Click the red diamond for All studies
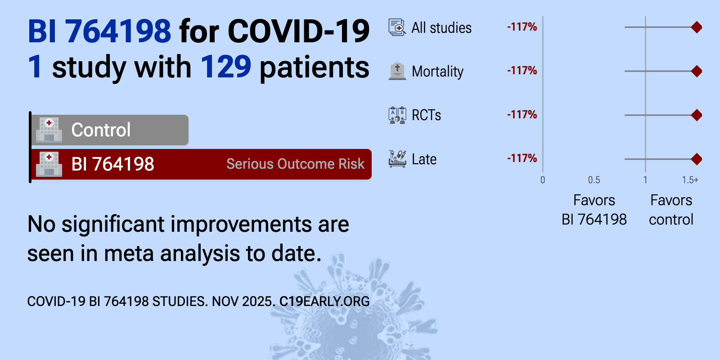pyautogui.click(x=696, y=27)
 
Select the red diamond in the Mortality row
pyautogui.click(x=696, y=71)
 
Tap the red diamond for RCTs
pyautogui.click(x=696, y=115)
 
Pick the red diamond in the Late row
pyautogui.click(x=696, y=159)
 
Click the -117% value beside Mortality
pyautogui.click(x=522, y=70)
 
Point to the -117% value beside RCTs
pyautogui.click(x=522, y=114)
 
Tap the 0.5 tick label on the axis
pyautogui.click(x=594, y=180)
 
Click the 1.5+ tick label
pyautogui.click(x=690, y=180)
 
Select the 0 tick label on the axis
pyautogui.click(x=543, y=180)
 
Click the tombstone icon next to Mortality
pyautogui.click(x=397, y=71)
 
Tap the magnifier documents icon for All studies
pyautogui.click(x=397, y=27)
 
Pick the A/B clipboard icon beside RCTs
pyautogui.click(x=397, y=115)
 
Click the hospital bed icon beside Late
pyautogui.click(x=397, y=159)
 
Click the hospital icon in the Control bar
pyautogui.click(x=49, y=130)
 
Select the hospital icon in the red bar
pyautogui.click(x=49, y=164)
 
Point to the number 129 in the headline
pyautogui.click(x=225, y=67)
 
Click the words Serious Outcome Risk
pyautogui.click(x=295, y=164)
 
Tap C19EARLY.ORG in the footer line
pyautogui.click(x=324, y=301)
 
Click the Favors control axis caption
pyautogui.click(x=671, y=210)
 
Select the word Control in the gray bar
pyautogui.click(x=101, y=130)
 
